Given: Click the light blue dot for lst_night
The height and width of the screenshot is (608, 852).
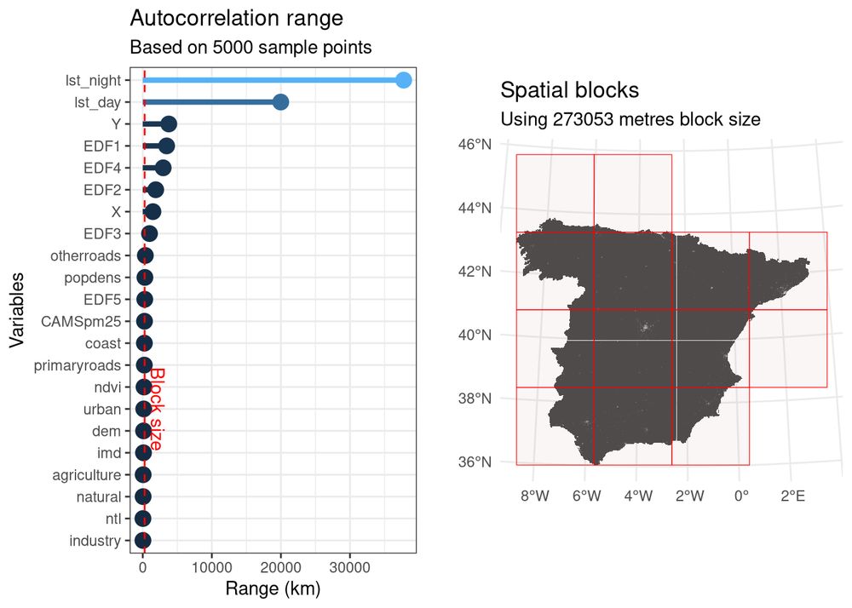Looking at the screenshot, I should tap(404, 80).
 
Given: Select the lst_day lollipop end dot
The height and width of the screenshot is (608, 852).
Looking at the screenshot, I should tap(280, 102).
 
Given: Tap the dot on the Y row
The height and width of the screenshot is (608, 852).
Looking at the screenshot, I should tap(169, 124).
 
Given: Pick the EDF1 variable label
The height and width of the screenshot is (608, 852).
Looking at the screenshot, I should tap(102, 146).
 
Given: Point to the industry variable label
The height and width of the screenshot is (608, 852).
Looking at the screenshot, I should tap(95, 541).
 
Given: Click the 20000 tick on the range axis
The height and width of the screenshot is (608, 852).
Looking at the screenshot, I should tap(280, 565).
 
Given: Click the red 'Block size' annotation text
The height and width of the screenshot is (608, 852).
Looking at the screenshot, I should tap(157, 409).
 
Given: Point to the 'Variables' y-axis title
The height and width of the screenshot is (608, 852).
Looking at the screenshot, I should tap(16, 310).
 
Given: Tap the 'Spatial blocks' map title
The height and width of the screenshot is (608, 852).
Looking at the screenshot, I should tap(569, 90).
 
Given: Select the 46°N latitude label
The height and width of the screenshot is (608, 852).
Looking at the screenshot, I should tap(475, 145).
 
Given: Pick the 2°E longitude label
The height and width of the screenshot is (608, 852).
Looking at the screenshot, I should tap(792, 496).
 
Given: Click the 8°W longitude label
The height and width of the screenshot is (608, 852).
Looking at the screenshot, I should tap(535, 496).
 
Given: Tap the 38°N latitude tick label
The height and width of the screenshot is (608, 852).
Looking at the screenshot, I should tap(475, 399).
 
